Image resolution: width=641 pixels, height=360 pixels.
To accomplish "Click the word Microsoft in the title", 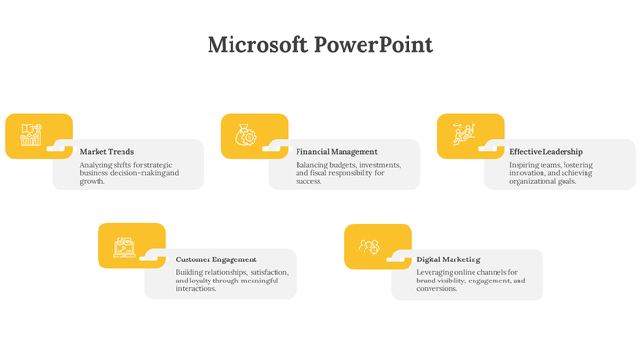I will [x=257, y=45].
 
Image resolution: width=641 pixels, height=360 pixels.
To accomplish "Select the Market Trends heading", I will [x=107, y=152].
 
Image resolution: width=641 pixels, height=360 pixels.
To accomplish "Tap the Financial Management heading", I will [x=337, y=152].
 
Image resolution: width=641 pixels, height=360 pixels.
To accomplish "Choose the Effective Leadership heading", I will [x=545, y=152].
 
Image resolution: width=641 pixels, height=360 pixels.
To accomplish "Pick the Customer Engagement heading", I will [x=216, y=259].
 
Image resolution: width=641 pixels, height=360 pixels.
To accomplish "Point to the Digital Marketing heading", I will [x=449, y=259].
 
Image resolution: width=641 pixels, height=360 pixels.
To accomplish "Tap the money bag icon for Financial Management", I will [x=247, y=135].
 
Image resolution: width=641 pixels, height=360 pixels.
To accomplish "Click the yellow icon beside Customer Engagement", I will [x=124, y=245].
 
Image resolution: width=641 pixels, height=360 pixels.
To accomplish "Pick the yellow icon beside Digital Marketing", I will [x=369, y=246].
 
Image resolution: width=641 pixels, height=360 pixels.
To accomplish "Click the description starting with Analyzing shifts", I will [x=129, y=172].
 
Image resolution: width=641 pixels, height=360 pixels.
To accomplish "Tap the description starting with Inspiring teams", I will [x=551, y=172].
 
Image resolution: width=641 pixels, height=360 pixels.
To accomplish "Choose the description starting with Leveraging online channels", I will [x=471, y=280].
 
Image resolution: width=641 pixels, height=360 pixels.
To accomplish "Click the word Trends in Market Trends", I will [x=121, y=152].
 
